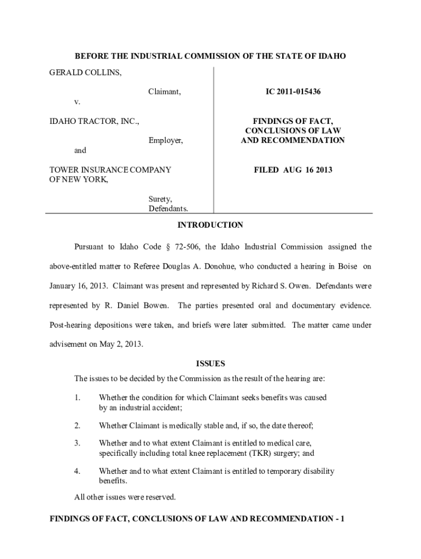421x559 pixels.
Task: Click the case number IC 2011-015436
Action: coord(293,92)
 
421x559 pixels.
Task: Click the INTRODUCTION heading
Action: coord(210,225)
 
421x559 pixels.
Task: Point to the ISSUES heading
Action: coord(210,364)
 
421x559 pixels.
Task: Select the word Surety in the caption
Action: coord(160,199)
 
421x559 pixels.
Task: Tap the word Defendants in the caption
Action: coord(168,209)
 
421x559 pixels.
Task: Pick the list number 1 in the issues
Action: coord(78,397)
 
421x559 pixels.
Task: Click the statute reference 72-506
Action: coord(188,247)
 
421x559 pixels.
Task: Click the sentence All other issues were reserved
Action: coord(125,497)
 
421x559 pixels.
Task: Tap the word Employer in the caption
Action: coord(166,141)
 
